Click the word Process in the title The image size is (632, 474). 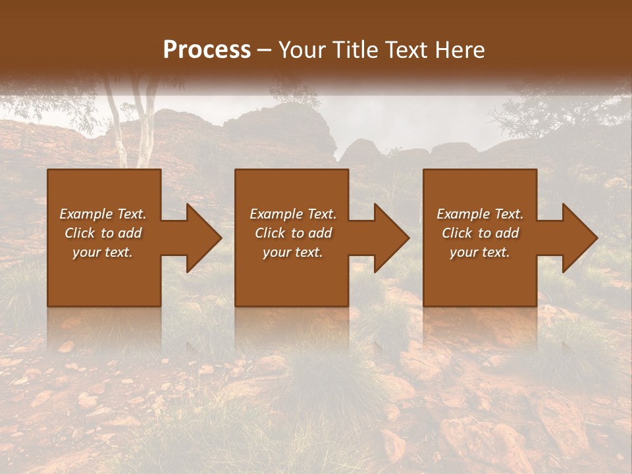207,50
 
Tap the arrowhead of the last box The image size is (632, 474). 579,238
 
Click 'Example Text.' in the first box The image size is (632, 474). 103,214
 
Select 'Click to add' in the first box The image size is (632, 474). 103,233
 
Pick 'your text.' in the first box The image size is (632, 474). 103,252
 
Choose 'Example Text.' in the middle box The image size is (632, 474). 293,214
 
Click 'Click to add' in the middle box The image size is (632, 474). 293,233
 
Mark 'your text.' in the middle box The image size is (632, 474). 293,252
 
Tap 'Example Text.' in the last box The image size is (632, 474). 480,214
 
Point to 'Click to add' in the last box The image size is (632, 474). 480,233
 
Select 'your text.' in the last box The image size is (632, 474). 480,252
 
